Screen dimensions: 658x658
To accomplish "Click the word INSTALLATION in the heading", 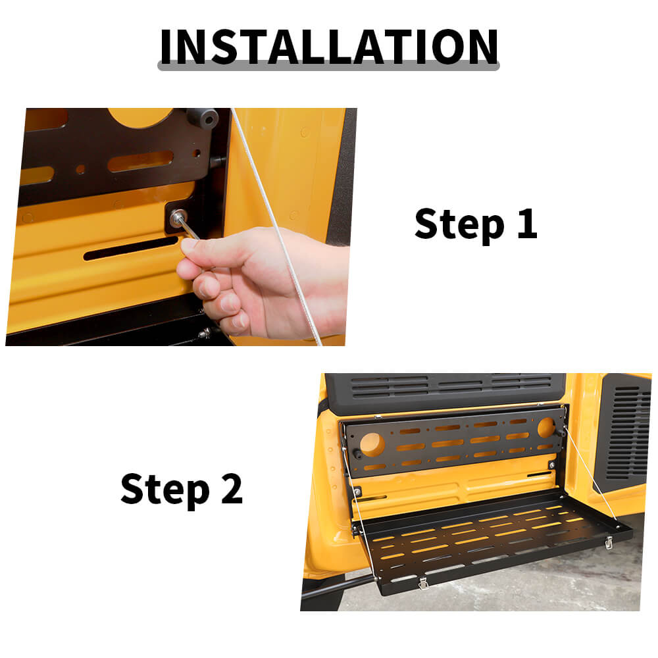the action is coord(329,47).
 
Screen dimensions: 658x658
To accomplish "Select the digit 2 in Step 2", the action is coord(232,488).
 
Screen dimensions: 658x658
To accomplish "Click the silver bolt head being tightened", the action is coord(177,217).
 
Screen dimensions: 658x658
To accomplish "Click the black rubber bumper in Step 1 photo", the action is coord(203,118).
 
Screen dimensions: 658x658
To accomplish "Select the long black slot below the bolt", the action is coord(130,249).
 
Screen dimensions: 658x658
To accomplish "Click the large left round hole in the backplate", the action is coord(372,445).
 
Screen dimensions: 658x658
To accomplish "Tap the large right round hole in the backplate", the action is coord(546,427).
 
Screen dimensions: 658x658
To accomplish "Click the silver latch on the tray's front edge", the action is coord(424,582).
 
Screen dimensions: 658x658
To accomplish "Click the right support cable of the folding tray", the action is coord(591,474).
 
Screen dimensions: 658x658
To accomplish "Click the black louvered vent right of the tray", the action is coord(622,432).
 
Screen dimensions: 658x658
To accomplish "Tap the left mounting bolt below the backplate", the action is coord(357,492).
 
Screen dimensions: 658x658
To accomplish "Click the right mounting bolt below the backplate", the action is coord(552,465).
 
